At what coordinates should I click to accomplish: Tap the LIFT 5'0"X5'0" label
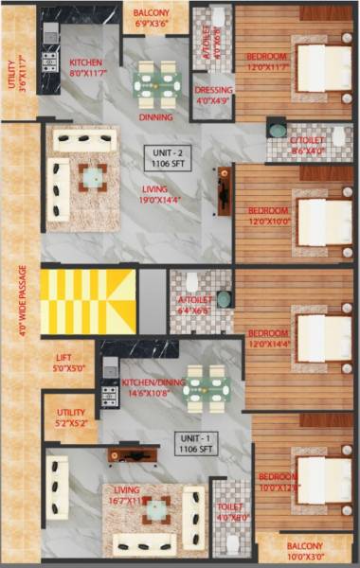tap(68, 364)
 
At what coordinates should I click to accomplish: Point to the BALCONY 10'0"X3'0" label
tap(305, 552)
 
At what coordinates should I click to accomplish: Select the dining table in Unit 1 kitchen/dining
tap(206, 389)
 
